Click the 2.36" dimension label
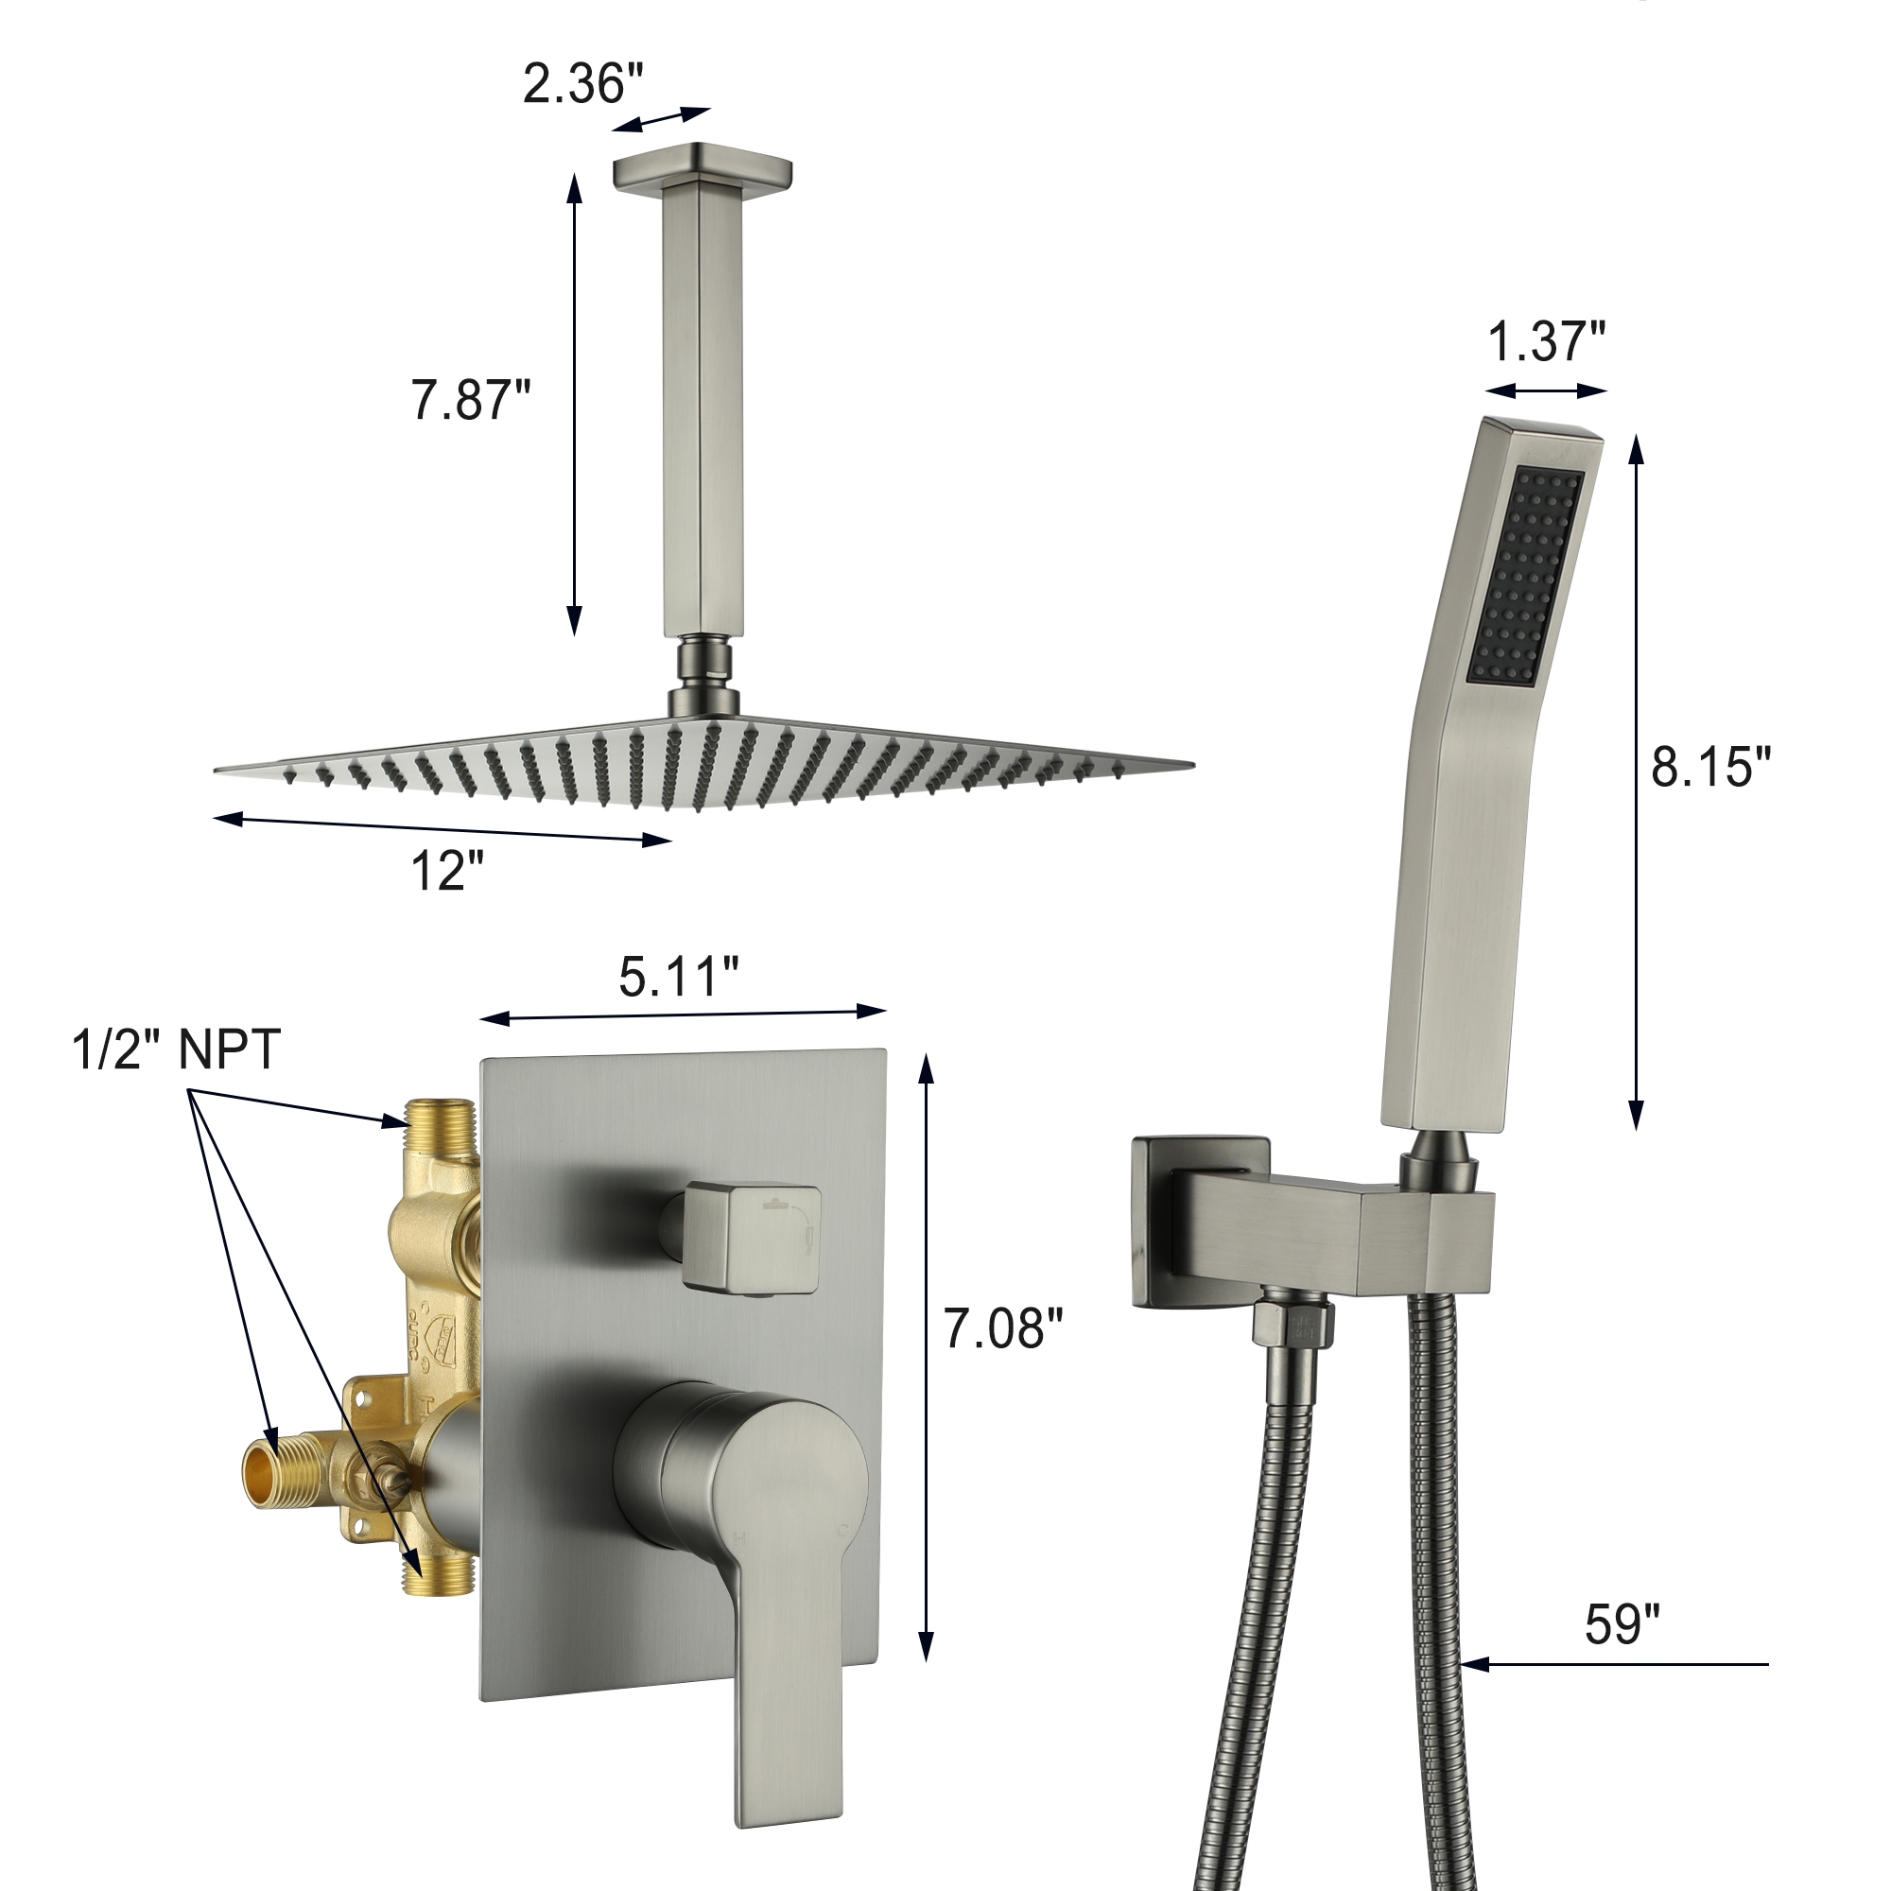click(583, 84)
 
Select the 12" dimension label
click(447, 869)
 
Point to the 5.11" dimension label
click(678, 976)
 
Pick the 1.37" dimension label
click(1547, 341)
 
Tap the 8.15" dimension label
click(1711, 767)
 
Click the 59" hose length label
click(1622, 1623)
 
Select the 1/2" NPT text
click(176, 1050)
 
